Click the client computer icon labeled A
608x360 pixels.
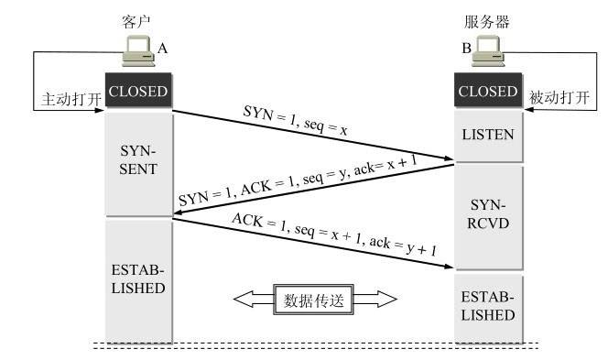point(138,56)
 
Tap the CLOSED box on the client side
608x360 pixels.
point(138,92)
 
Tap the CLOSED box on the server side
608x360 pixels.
point(488,92)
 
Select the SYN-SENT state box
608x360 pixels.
point(138,160)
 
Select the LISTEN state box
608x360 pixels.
point(488,135)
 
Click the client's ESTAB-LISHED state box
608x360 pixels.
point(138,278)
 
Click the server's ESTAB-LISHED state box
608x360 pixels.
point(488,305)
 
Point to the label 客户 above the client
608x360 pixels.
point(135,18)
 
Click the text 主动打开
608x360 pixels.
point(72,96)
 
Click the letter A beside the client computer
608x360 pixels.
point(163,47)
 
